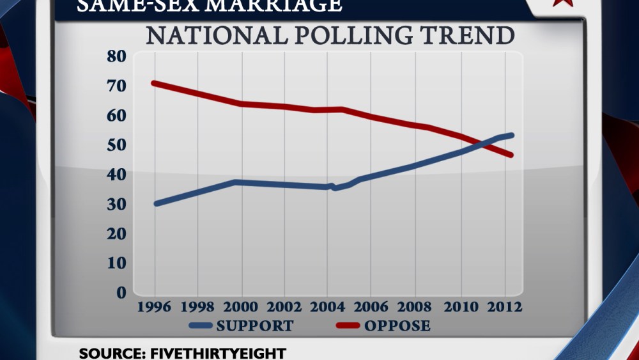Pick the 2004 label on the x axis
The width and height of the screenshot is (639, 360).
coord(329,307)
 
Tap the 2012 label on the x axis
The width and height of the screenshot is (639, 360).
coord(503,307)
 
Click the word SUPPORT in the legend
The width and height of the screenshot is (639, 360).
coord(255,326)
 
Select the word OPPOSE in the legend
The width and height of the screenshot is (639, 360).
coord(397,326)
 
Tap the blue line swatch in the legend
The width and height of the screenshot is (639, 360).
coord(201,326)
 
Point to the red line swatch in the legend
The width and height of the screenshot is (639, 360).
coord(348,326)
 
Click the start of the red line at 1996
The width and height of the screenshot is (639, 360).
coord(155,83)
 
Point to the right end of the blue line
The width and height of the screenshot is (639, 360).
coord(511,136)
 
